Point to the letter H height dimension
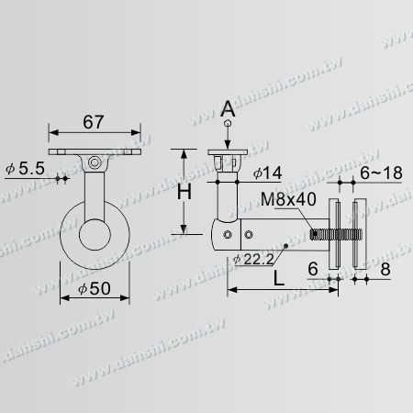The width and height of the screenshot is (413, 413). [184, 194]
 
